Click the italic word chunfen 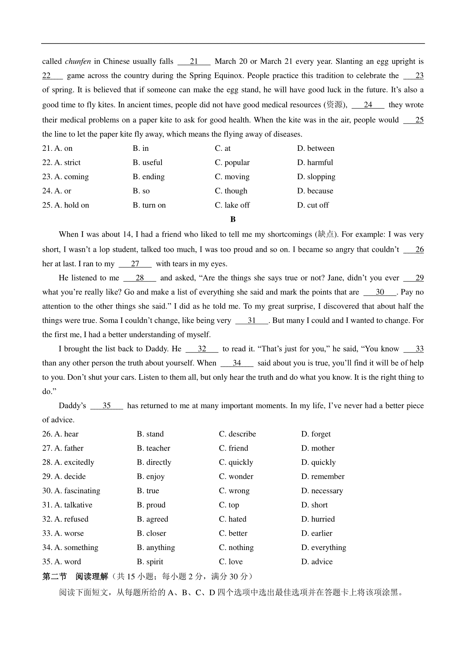(x=78, y=61)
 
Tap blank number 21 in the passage (x=194, y=61)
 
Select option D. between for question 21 (x=315, y=148)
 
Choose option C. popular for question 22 (x=232, y=163)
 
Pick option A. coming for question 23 (x=65, y=177)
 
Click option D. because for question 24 (x=315, y=191)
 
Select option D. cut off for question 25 (x=313, y=205)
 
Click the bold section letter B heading (x=233, y=220)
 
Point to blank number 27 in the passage (x=135, y=264)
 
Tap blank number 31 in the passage (x=252, y=321)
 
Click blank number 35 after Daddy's (x=106, y=406)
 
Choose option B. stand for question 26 (x=150, y=434)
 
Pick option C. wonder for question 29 (x=236, y=477)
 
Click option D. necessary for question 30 (x=322, y=491)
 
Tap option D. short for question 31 (x=314, y=505)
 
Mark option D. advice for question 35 (x=317, y=562)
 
